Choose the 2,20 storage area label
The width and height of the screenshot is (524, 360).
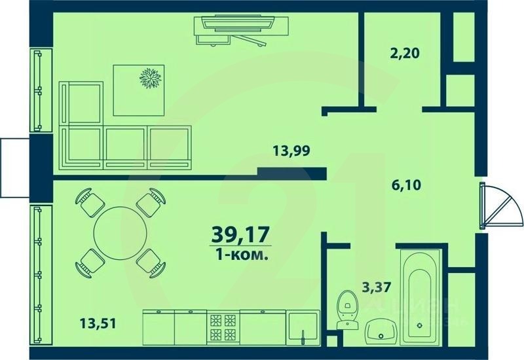point(403,53)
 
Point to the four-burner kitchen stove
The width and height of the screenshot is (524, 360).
point(223,327)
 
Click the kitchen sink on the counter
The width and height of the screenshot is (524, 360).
point(303,327)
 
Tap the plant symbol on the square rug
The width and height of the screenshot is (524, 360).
point(150,78)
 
